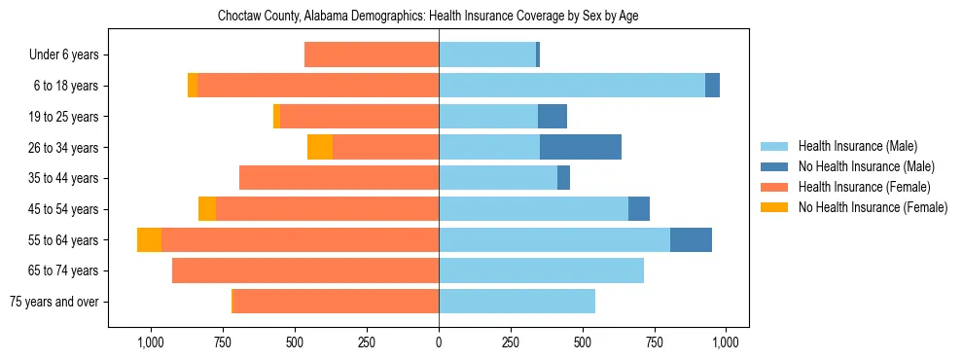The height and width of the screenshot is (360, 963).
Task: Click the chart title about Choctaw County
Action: [x=428, y=17]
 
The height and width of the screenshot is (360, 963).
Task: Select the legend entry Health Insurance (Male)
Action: [x=857, y=146]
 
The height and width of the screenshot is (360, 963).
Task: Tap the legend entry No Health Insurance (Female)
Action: [x=872, y=207]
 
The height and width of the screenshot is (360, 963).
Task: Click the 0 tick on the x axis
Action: [x=439, y=342]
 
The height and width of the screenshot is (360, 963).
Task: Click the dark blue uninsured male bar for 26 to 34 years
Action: [x=581, y=147]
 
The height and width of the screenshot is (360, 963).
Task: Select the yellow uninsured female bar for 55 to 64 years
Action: [x=149, y=239]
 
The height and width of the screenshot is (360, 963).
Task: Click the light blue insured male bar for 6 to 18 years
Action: [x=572, y=86]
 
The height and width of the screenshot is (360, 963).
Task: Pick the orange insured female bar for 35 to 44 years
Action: [x=339, y=178]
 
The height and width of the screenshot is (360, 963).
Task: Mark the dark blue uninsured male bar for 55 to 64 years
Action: [x=691, y=239]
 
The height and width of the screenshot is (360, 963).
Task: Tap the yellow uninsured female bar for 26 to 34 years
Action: [x=320, y=147]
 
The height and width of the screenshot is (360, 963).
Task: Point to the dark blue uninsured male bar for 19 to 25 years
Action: [x=553, y=117]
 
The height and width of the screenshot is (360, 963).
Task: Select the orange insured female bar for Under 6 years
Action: [x=372, y=54]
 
